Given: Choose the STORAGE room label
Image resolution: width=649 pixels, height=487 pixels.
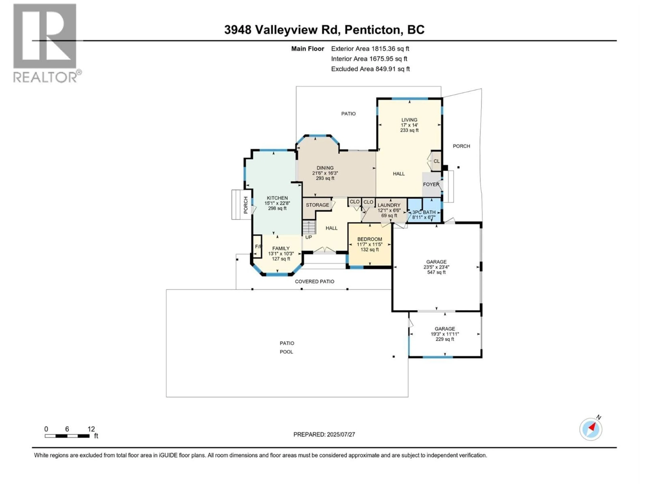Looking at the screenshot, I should [317, 205].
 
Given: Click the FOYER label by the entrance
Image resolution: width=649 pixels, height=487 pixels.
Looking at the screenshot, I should [431, 184].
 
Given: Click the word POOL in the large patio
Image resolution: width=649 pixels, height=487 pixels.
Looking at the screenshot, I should [286, 352].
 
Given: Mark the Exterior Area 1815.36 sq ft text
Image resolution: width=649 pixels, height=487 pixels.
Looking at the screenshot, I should [370, 49].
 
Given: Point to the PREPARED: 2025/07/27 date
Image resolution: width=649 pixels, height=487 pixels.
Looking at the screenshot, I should [324, 434].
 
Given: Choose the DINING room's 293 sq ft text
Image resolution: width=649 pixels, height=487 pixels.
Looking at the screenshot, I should [325, 178].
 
